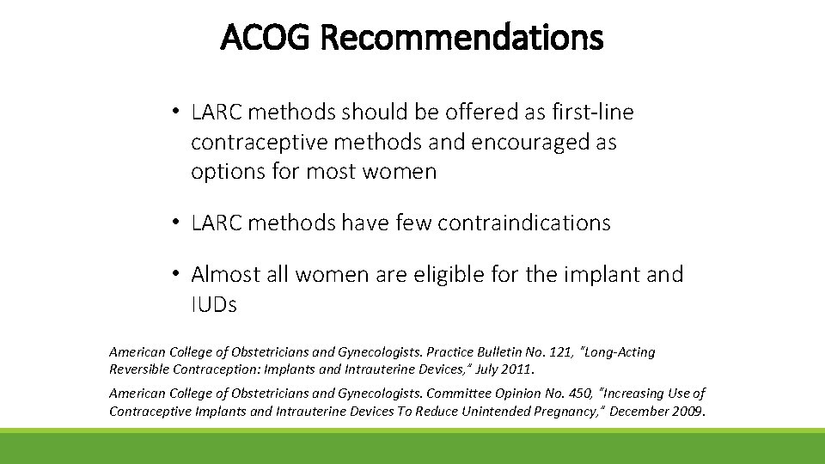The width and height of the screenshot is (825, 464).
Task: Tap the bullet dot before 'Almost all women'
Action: point(174,275)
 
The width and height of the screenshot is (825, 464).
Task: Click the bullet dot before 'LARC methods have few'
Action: point(174,223)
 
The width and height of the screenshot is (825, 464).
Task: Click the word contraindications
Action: point(524,223)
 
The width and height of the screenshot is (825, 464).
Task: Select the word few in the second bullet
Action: point(413,223)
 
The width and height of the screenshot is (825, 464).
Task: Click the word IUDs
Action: point(214,304)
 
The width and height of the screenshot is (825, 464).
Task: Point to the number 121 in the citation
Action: point(554,352)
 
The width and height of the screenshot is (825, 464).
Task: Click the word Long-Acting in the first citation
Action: point(616,352)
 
